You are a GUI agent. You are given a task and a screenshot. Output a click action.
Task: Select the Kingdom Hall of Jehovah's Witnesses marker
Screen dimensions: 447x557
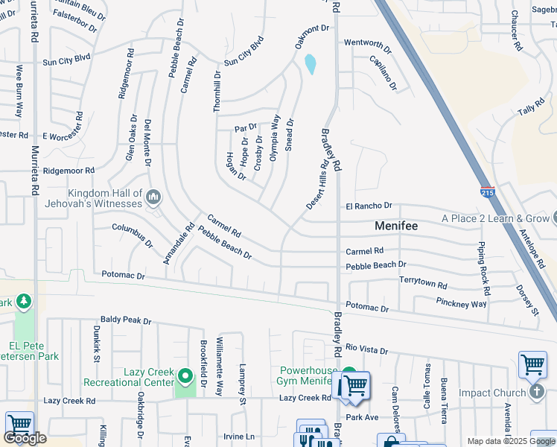[x=154, y=197]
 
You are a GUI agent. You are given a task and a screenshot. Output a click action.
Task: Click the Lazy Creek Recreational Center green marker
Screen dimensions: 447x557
[x=185, y=372]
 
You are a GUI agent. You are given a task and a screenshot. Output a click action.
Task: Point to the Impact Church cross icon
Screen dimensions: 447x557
[x=536, y=393]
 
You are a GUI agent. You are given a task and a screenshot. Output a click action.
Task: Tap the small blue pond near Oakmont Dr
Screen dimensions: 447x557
[x=310, y=65]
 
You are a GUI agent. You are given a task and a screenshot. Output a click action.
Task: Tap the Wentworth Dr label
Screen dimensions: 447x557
[x=368, y=43]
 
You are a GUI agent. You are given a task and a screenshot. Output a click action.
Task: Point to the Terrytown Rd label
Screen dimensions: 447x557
[x=423, y=285]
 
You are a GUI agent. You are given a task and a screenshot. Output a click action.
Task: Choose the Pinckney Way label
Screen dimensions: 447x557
[x=461, y=303]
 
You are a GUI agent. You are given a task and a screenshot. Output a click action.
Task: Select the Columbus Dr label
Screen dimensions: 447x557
[x=132, y=235]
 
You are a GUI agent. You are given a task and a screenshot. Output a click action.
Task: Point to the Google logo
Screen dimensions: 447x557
[x=25, y=438]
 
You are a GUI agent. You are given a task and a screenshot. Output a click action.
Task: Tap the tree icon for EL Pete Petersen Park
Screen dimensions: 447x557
[x=25, y=301]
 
